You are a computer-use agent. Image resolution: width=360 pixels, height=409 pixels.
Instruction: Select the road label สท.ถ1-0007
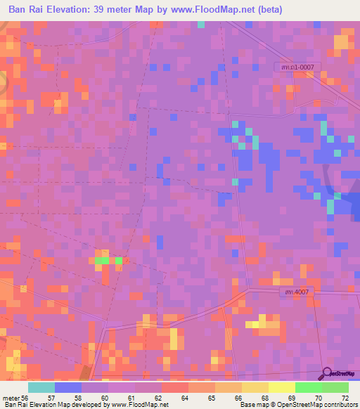(297, 66)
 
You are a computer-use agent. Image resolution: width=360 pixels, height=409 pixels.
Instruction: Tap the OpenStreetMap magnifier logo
(326, 374)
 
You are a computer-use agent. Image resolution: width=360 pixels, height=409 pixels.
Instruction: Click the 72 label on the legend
(344, 397)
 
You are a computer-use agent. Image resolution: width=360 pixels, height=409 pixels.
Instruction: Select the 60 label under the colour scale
(106, 397)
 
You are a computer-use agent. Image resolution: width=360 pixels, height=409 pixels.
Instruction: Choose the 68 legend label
(264, 397)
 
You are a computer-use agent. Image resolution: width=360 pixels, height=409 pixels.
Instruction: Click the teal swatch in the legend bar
(41, 387)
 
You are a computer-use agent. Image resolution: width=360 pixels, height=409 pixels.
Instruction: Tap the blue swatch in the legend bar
(68, 387)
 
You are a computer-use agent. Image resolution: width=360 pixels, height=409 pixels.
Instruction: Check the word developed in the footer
(89, 405)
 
